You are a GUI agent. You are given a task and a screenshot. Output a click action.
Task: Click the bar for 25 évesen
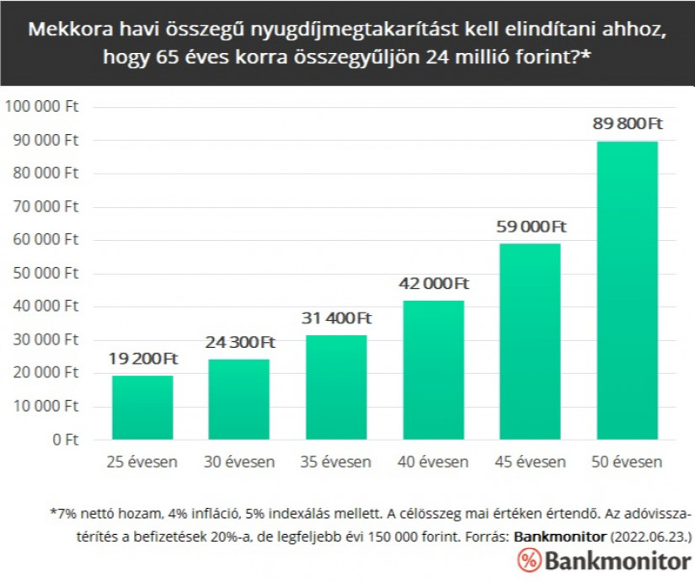(x=142, y=408)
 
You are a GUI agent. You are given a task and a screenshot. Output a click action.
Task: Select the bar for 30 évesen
(x=239, y=399)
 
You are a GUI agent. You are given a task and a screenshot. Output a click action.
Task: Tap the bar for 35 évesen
(x=336, y=387)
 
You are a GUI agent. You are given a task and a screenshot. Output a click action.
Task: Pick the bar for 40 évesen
(x=433, y=370)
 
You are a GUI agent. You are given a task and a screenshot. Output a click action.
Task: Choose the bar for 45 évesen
(x=530, y=341)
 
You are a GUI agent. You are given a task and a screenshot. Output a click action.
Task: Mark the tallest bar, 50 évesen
(x=627, y=291)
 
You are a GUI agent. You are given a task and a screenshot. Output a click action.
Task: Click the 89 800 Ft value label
(x=627, y=124)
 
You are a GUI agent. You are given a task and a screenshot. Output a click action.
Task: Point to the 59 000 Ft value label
(x=530, y=227)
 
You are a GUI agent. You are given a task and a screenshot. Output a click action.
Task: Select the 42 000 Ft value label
(x=433, y=283)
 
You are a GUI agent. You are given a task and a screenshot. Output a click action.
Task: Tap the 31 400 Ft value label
(x=336, y=318)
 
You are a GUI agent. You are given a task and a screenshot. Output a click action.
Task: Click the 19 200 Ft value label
(x=142, y=359)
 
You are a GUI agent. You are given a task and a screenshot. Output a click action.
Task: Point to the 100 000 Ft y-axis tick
(x=42, y=107)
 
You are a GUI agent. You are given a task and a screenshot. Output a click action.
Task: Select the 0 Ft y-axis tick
(x=65, y=439)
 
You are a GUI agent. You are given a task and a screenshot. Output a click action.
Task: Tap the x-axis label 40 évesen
(x=433, y=462)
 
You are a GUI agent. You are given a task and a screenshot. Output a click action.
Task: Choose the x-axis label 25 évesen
(x=142, y=462)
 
